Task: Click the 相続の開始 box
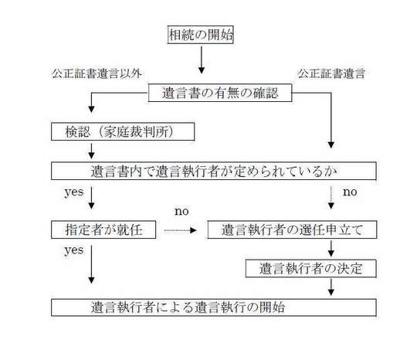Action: (x=201, y=35)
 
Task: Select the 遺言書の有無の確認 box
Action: (x=220, y=93)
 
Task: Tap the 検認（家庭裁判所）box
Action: (x=123, y=131)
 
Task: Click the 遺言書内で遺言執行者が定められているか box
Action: (x=214, y=171)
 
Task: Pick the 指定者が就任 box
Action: (x=103, y=229)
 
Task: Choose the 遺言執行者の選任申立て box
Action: (x=292, y=229)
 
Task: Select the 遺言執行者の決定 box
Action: (x=310, y=269)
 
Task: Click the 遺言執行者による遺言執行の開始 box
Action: (x=214, y=307)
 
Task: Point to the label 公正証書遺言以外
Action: (x=97, y=73)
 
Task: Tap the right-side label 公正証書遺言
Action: (x=331, y=73)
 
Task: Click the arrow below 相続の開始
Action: (x=202, y=59)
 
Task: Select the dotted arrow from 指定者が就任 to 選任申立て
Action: (x=180, y=230)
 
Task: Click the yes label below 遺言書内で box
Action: (x=74, y=192)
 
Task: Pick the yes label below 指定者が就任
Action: (x=74, y=250)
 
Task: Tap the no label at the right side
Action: (x=350, y=192)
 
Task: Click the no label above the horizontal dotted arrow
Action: (x=181, y=211)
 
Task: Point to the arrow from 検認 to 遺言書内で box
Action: (x=91, y=151)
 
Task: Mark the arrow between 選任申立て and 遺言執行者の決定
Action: (x=331, y=249)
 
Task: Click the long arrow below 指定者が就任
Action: (x=91, y=264)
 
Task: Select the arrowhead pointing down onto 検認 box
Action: (x=91, y=109)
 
